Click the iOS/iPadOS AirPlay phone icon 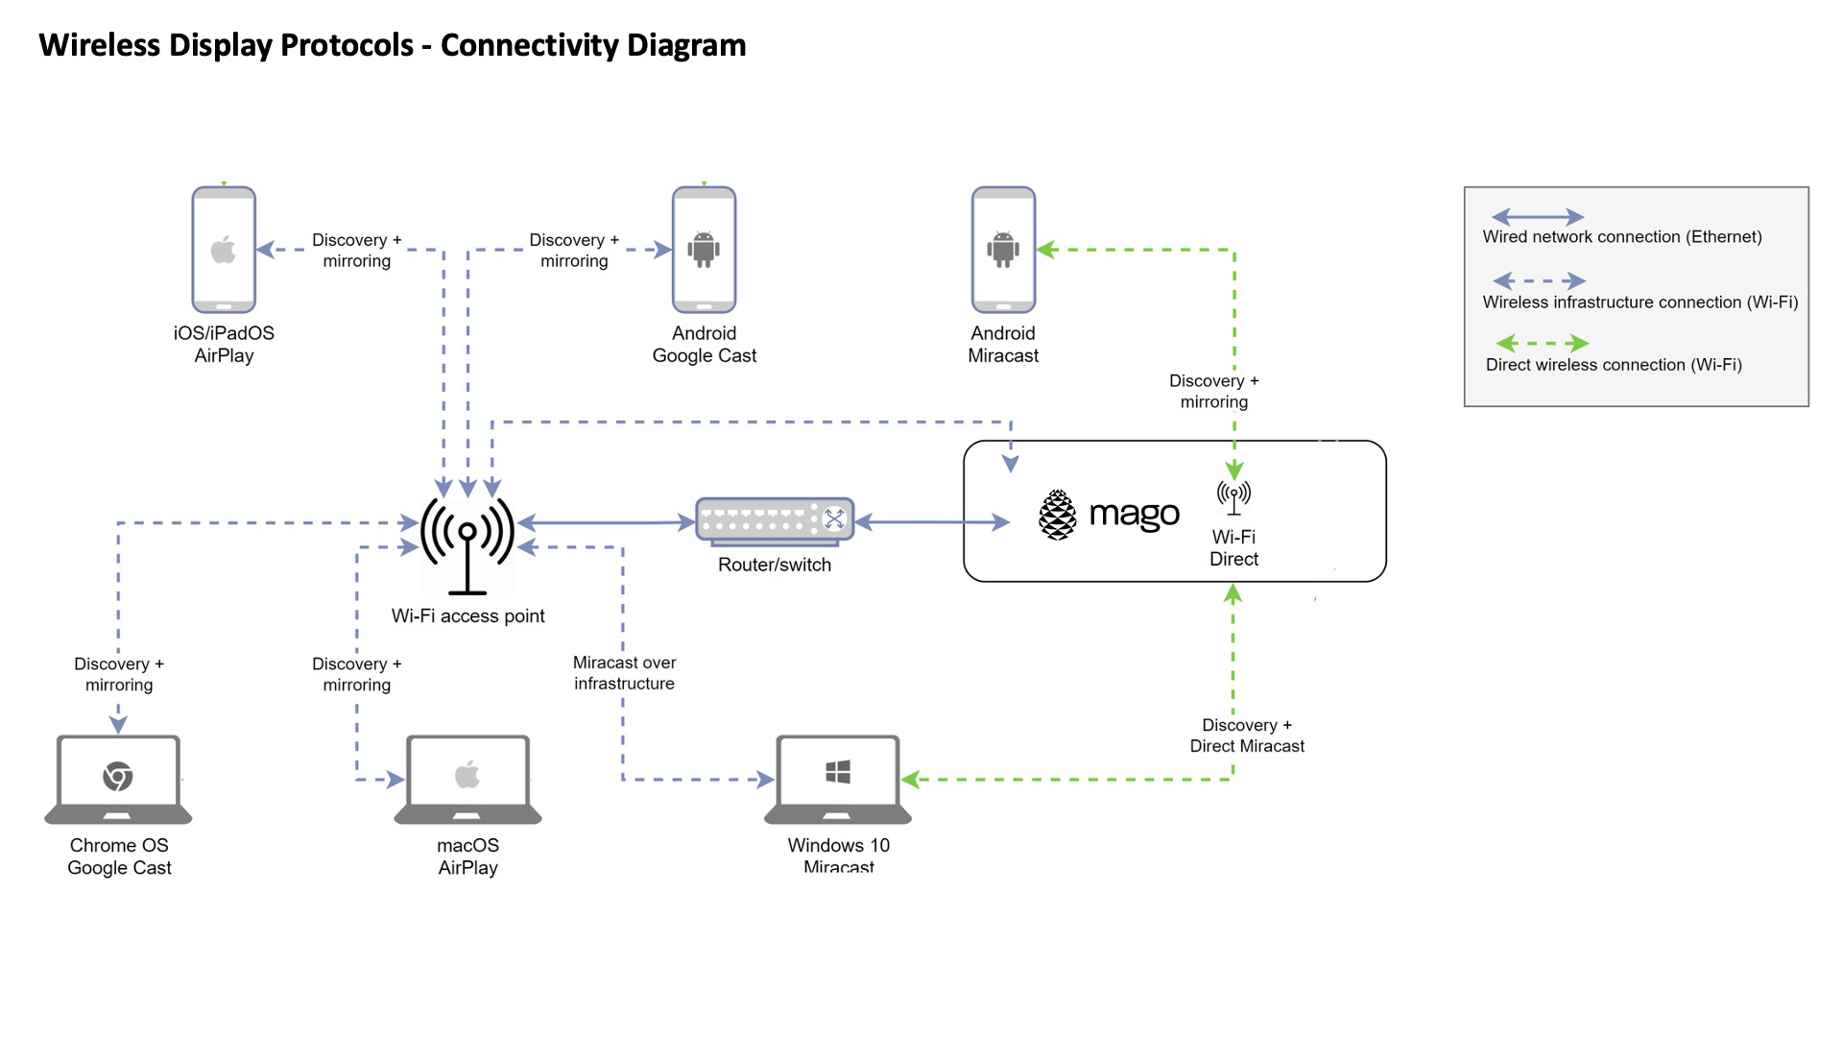pyautogui.click(x=224, y=250)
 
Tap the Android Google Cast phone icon pyautogui.click(x=704, y=250)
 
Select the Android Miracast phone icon pyautogui.click(x=1003, y=250)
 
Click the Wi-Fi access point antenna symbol pyautogui.click(x=467, y=543)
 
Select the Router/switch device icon pyautogui.click(x=775, y=521)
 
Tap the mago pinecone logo pyautogui.click(x=1057, y=515)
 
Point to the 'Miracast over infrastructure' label pyautogui.click(x=624, y=673)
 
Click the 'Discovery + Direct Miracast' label pyautogui.click(x=1247, y=736)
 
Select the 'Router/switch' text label pyautogui.click(x=775, y=565)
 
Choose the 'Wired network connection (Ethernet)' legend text pyautogui.click(x=1621, y=237)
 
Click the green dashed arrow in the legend pyautogui.click(x=1542, y=343)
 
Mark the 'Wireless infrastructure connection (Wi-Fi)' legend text pyautogui.click(x=1640, y=302)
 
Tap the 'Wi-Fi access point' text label pyautogui.click(x=467, y=616)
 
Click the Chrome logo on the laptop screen pyautogui.click(x=118, y=776)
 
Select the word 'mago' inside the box pyautogui.click(x=1134, y=516)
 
